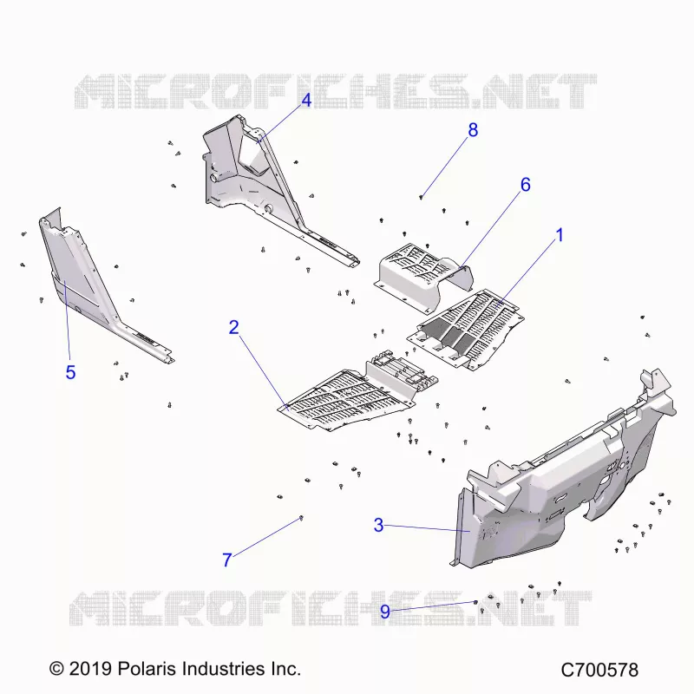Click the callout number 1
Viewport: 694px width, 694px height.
pyautogui.click(x=560, y=235)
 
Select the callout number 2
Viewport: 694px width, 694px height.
pyautogui.click(x=233, y=327)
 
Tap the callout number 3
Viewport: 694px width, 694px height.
pyautogui.click(x=378, y=525)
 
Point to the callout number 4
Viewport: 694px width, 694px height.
pyautogui.click(x=306, y=101)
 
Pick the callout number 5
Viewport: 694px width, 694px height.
pyautogui.click(x=70, y=372)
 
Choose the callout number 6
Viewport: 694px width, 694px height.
pyautogui.click(x=526, y=185)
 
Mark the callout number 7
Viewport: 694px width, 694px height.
pyautogui.click(x=227, y=560)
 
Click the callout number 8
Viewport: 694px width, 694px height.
pyautogui.click(x=473, y=130)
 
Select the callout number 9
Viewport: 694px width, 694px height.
pyautogui.click(x=385, y=612)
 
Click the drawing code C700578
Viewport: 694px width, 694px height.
pyautogui.click(x=599, y=670)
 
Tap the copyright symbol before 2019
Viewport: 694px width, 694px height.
pyautogui.click(x=56, y=668)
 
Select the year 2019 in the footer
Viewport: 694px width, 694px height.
pyautogui.click(x=90, y=668)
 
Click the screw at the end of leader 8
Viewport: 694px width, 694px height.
pyautogui.click(x=421, y=198)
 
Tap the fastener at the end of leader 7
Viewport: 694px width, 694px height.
pyautogui.click(x=301, y=518)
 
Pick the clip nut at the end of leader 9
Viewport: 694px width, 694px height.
pyautogui.click(x=475, y=602)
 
